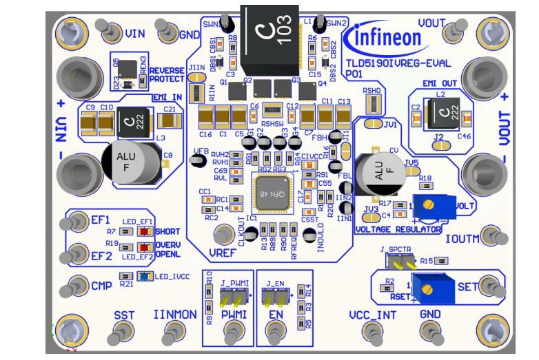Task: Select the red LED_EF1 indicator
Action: [143, 231]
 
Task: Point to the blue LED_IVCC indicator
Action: [143, 276]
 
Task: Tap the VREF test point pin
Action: [223, 234]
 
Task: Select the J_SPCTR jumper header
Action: [400, 262]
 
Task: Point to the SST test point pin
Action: [123, 333]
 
